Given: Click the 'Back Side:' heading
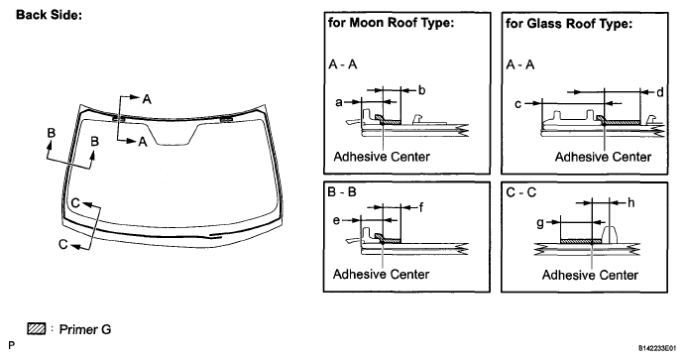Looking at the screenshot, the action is (x=49, y=15).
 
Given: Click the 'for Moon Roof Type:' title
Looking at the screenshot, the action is (x=391, y=23).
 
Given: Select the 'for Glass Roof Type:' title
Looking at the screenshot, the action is (x=569, y=23).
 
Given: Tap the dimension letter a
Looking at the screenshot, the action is (x=339, y=102).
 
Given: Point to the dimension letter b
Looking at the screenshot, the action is (x=421, y=90).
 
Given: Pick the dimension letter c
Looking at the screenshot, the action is (x=518, y=104).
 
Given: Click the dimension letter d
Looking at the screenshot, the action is (x=660, y=92).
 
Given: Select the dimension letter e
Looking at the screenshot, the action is (x=336, y=220).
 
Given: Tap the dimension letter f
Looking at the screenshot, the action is (x=420, y=207).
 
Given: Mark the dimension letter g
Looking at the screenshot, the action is (x=540, y=223).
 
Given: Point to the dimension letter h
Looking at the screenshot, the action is (x=630, y=202).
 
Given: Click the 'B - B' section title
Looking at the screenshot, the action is (x=342, y=191).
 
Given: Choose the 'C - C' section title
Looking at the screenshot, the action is (x=520, y=192).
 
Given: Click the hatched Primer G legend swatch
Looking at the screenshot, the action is (x=37, y=328).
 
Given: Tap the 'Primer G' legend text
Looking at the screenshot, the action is (x=85, y=329).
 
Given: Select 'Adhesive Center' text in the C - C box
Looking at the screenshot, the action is (x=590, y=275).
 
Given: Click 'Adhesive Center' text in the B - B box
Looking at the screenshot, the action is (x=381, y=274).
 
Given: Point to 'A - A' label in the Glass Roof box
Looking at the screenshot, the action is (x=519, y=64).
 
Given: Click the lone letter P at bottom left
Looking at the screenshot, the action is (x=11, y=345).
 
